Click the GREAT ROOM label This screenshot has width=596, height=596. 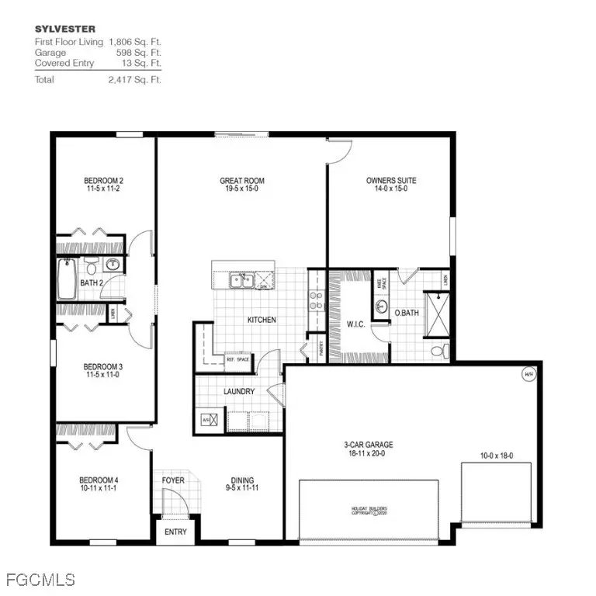241,181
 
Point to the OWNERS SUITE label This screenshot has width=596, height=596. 391,181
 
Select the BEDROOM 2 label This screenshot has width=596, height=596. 104,181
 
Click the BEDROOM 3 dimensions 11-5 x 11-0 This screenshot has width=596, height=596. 104,374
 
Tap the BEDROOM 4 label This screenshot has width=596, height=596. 98,480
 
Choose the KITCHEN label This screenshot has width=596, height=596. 262,320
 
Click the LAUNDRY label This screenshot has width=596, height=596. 238,392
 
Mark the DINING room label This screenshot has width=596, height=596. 242,480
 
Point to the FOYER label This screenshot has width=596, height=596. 173,480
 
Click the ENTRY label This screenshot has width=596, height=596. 175,532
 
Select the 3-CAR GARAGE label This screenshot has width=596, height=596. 368,445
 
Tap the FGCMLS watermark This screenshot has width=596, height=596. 39,580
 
